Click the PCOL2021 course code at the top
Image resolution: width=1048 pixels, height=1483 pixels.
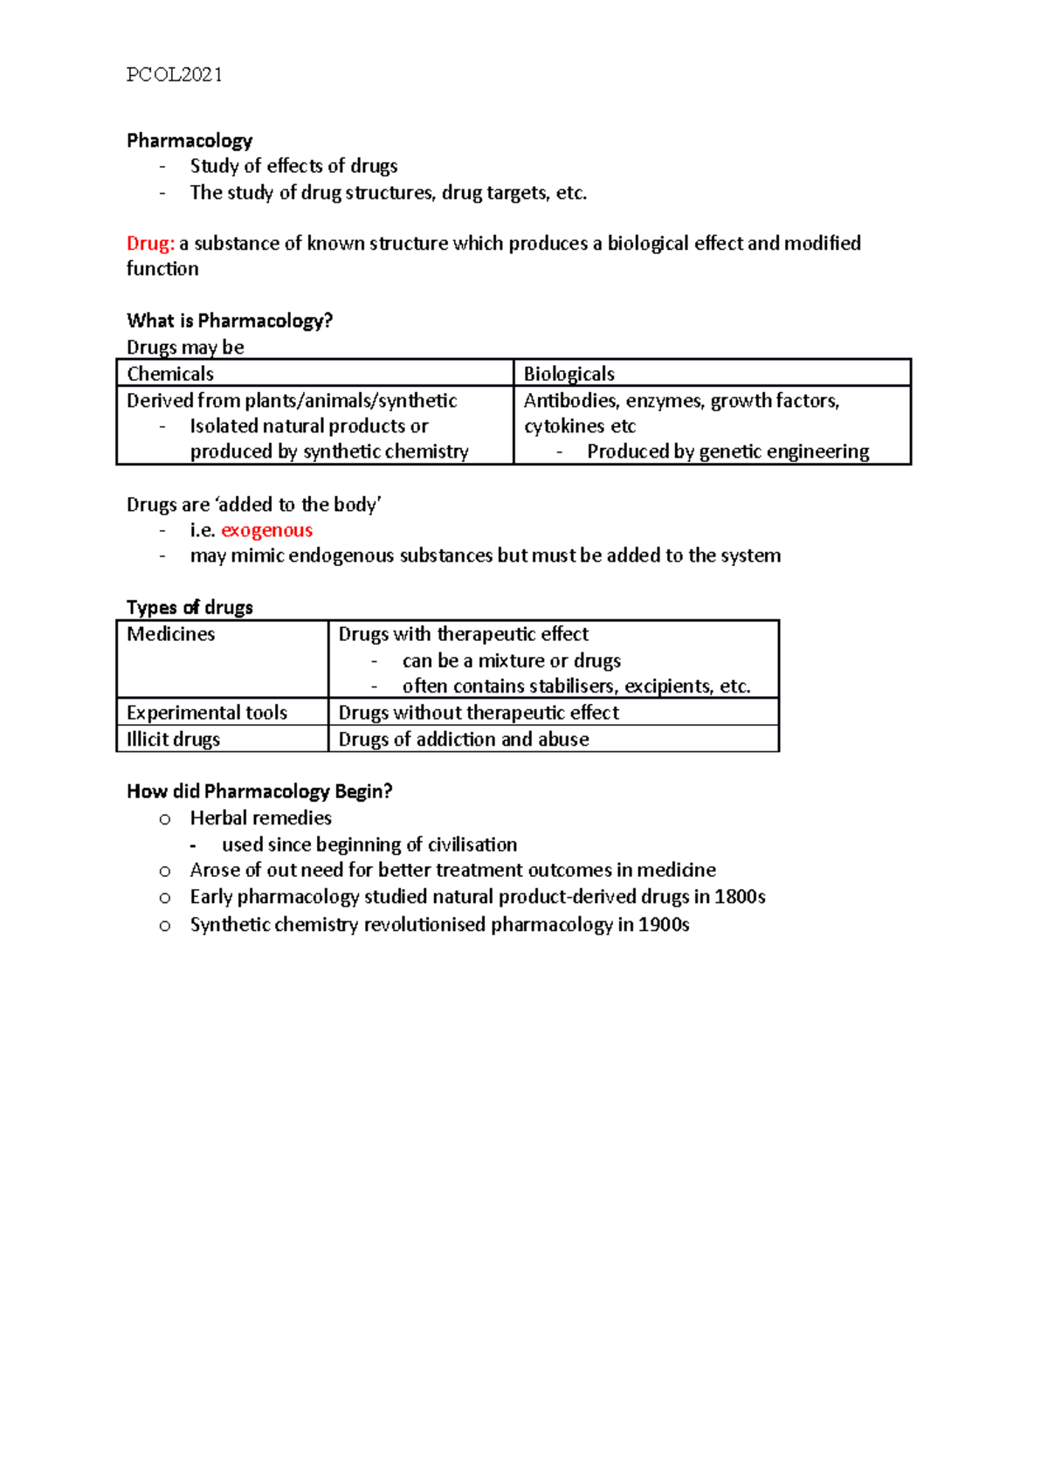pyautogui.click(x=174, y=75)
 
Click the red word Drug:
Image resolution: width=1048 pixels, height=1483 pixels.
pyautogui.click(x=150, y=244)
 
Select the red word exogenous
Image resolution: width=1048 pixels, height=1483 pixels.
pyautogui.click(x=266, y=530)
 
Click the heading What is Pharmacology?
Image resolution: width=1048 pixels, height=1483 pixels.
pyautogui.click(x=230, y=321)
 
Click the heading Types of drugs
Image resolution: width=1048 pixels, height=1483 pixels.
pyautogui.click(x=190, y=608)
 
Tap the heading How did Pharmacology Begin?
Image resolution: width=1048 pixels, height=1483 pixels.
pyautogui.click(x=259, y=791)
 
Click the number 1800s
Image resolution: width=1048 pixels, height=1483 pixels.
pyautogui.click(x=740, y=897)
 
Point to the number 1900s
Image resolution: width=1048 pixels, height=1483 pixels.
pyautogui.click(x=664, y=925)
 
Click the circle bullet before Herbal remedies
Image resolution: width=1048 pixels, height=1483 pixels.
pyautogui.click(x=165, y=819)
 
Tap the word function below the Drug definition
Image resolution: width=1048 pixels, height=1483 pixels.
pyautogui.click(x=162, y=269)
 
